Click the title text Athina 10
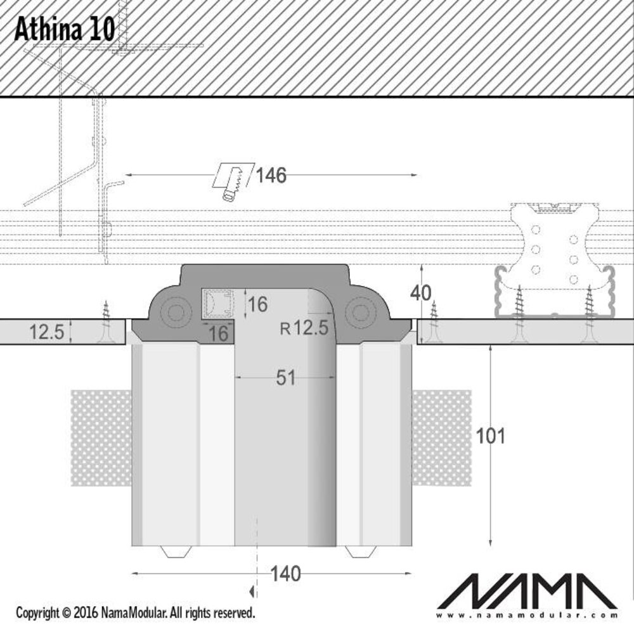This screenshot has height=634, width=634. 64,29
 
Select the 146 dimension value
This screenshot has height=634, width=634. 271,175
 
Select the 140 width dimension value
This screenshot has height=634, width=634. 285,574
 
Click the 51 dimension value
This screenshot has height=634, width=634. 286,378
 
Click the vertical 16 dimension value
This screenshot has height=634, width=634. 257,304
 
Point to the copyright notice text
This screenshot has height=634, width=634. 135,613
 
